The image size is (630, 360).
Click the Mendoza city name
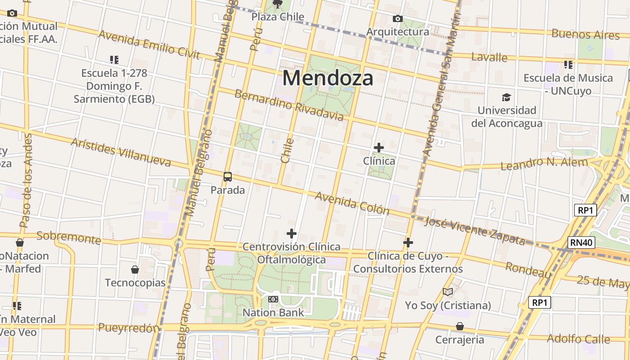coord(328,78)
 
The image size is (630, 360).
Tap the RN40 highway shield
coord(581,243)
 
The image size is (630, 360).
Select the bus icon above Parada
coord(228,177)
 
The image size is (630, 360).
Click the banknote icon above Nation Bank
coord(273,299)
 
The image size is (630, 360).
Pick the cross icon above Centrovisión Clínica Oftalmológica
coord(292,234)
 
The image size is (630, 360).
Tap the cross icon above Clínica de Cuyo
coord(408,243)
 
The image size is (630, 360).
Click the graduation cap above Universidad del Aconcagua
coord(507,97)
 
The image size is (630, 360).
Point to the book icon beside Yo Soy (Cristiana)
coord(448,292)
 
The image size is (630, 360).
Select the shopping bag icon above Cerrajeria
coord(460,326)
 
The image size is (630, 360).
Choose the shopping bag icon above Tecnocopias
coord(135,270)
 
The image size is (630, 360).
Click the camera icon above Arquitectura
coord(398,18)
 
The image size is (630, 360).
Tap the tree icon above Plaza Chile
coord(278,4)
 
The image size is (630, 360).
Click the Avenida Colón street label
coord(351,203)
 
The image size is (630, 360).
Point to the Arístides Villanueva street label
coord(121,152)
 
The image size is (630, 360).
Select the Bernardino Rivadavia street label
coord(289,105)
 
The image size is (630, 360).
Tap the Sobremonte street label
coord(68,237)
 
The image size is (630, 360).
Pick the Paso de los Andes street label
coord(25,180)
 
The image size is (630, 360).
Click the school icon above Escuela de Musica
coord(568,65)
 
